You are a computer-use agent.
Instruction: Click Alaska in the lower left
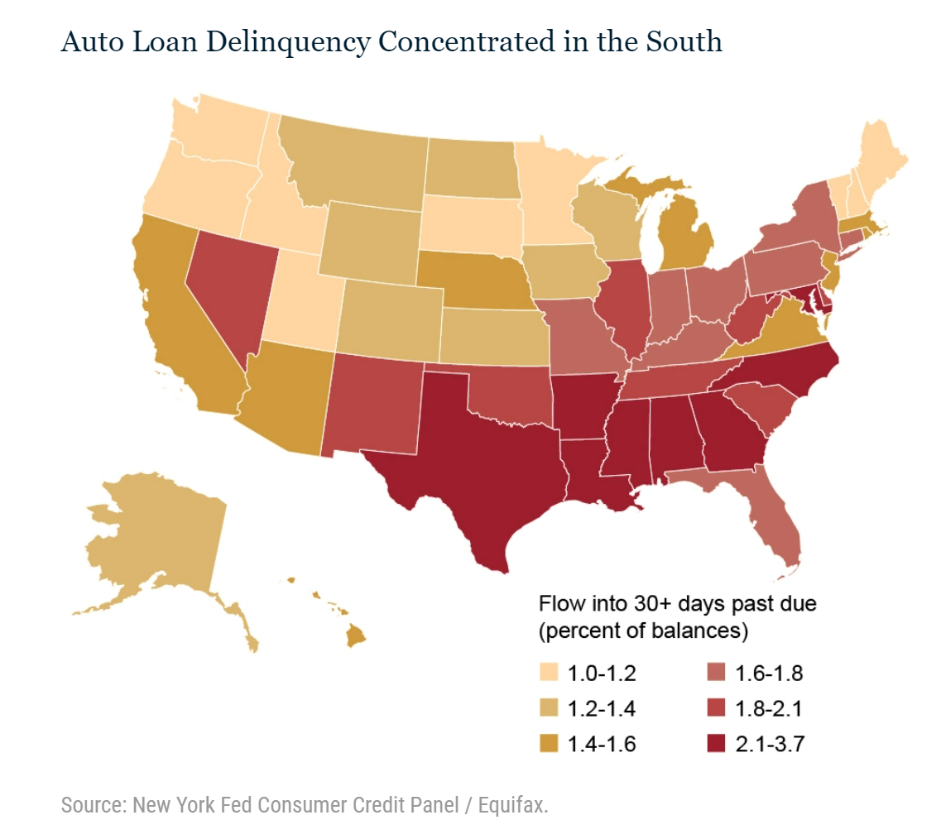coord(157,538)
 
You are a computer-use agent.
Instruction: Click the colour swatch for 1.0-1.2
coord(548,673)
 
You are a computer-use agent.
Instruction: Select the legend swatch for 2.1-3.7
coord(716,745)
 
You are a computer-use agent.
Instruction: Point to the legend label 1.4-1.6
coord(602,745)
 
